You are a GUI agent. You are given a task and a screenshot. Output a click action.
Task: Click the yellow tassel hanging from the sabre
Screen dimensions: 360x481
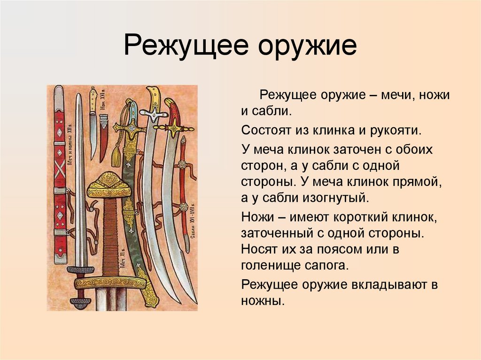pyautogui.click(x=116, y=155)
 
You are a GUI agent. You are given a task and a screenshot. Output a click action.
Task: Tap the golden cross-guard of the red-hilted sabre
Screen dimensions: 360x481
pyautogui.click(x=174, y=127)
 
